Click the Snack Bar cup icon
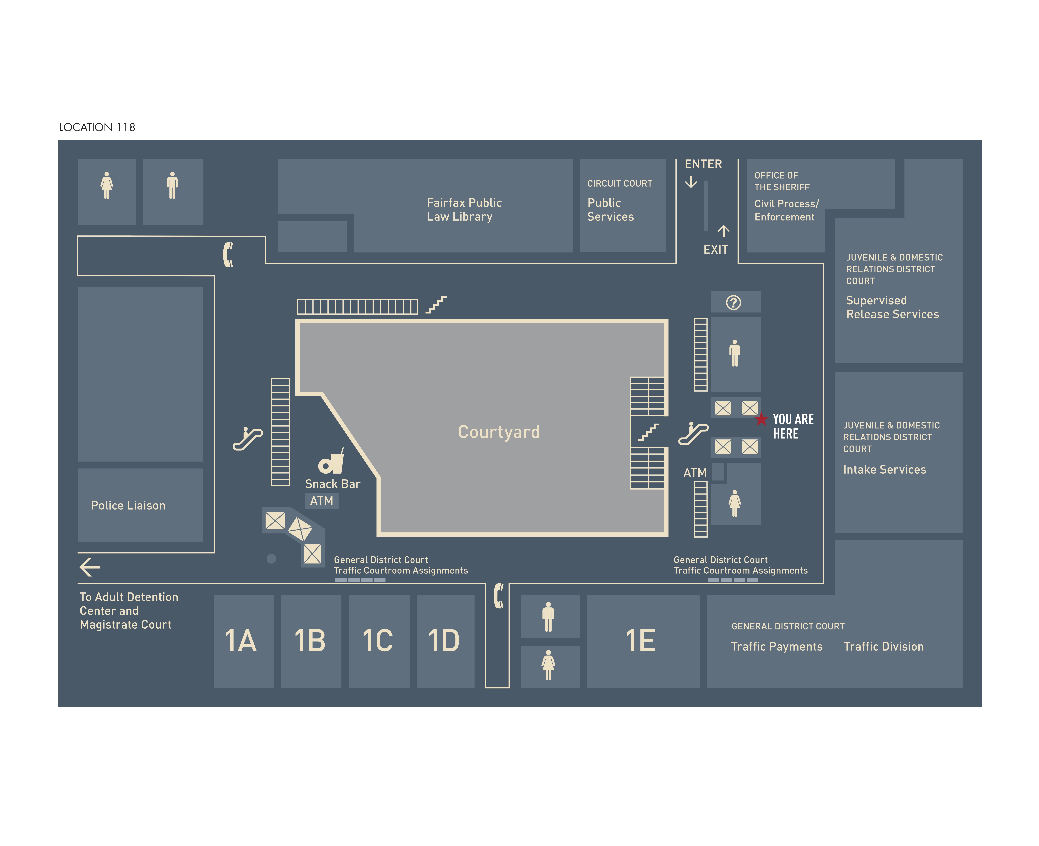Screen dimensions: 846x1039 (x=331, y=461)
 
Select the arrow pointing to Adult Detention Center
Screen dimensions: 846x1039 (x=90, y=567)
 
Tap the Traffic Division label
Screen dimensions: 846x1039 (x=883, y=647)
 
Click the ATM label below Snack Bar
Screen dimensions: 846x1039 (x=321, y=500)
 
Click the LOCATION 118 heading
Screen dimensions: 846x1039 (x=97, y=127)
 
